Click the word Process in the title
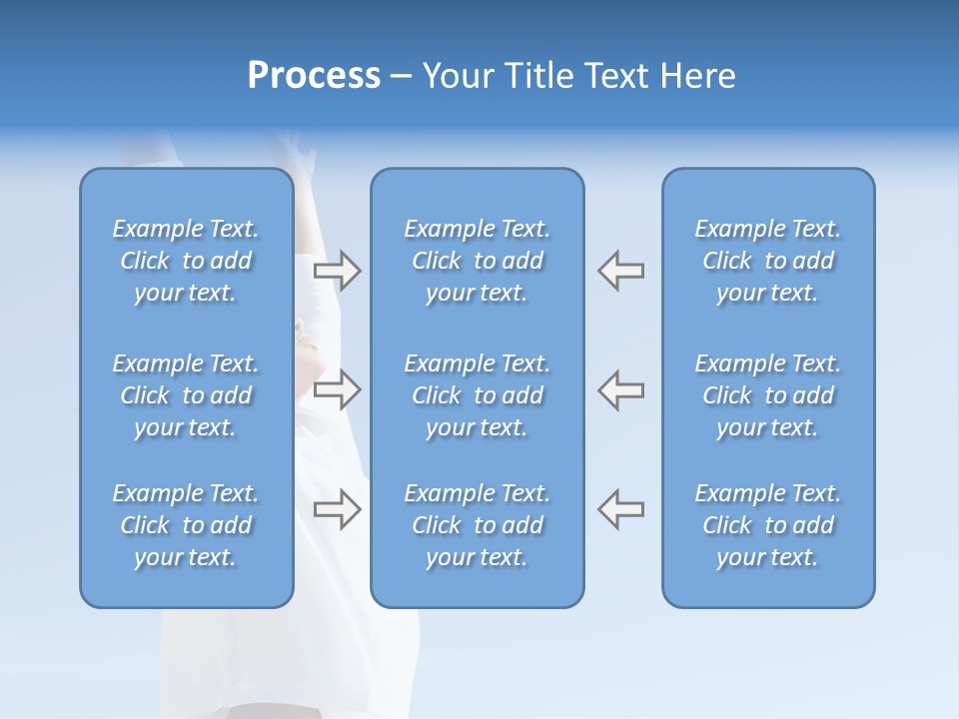click(314, 76)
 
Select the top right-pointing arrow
click(338, 270)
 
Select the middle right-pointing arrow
click(338, 389)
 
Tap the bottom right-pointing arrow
click(338, 509)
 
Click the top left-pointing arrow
click(620, 270)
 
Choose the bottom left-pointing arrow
click(620, 507)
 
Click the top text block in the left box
click(186, 261)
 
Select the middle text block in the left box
click(186, 395)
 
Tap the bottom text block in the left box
click(186, 525)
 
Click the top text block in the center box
click(477, 261)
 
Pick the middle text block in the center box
click(477, 395)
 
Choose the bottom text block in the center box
click(477, 525)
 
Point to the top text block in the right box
click(767, 261)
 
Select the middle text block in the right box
click(767, 395)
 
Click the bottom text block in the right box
click(767, 525)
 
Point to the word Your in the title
click(458, 76)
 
